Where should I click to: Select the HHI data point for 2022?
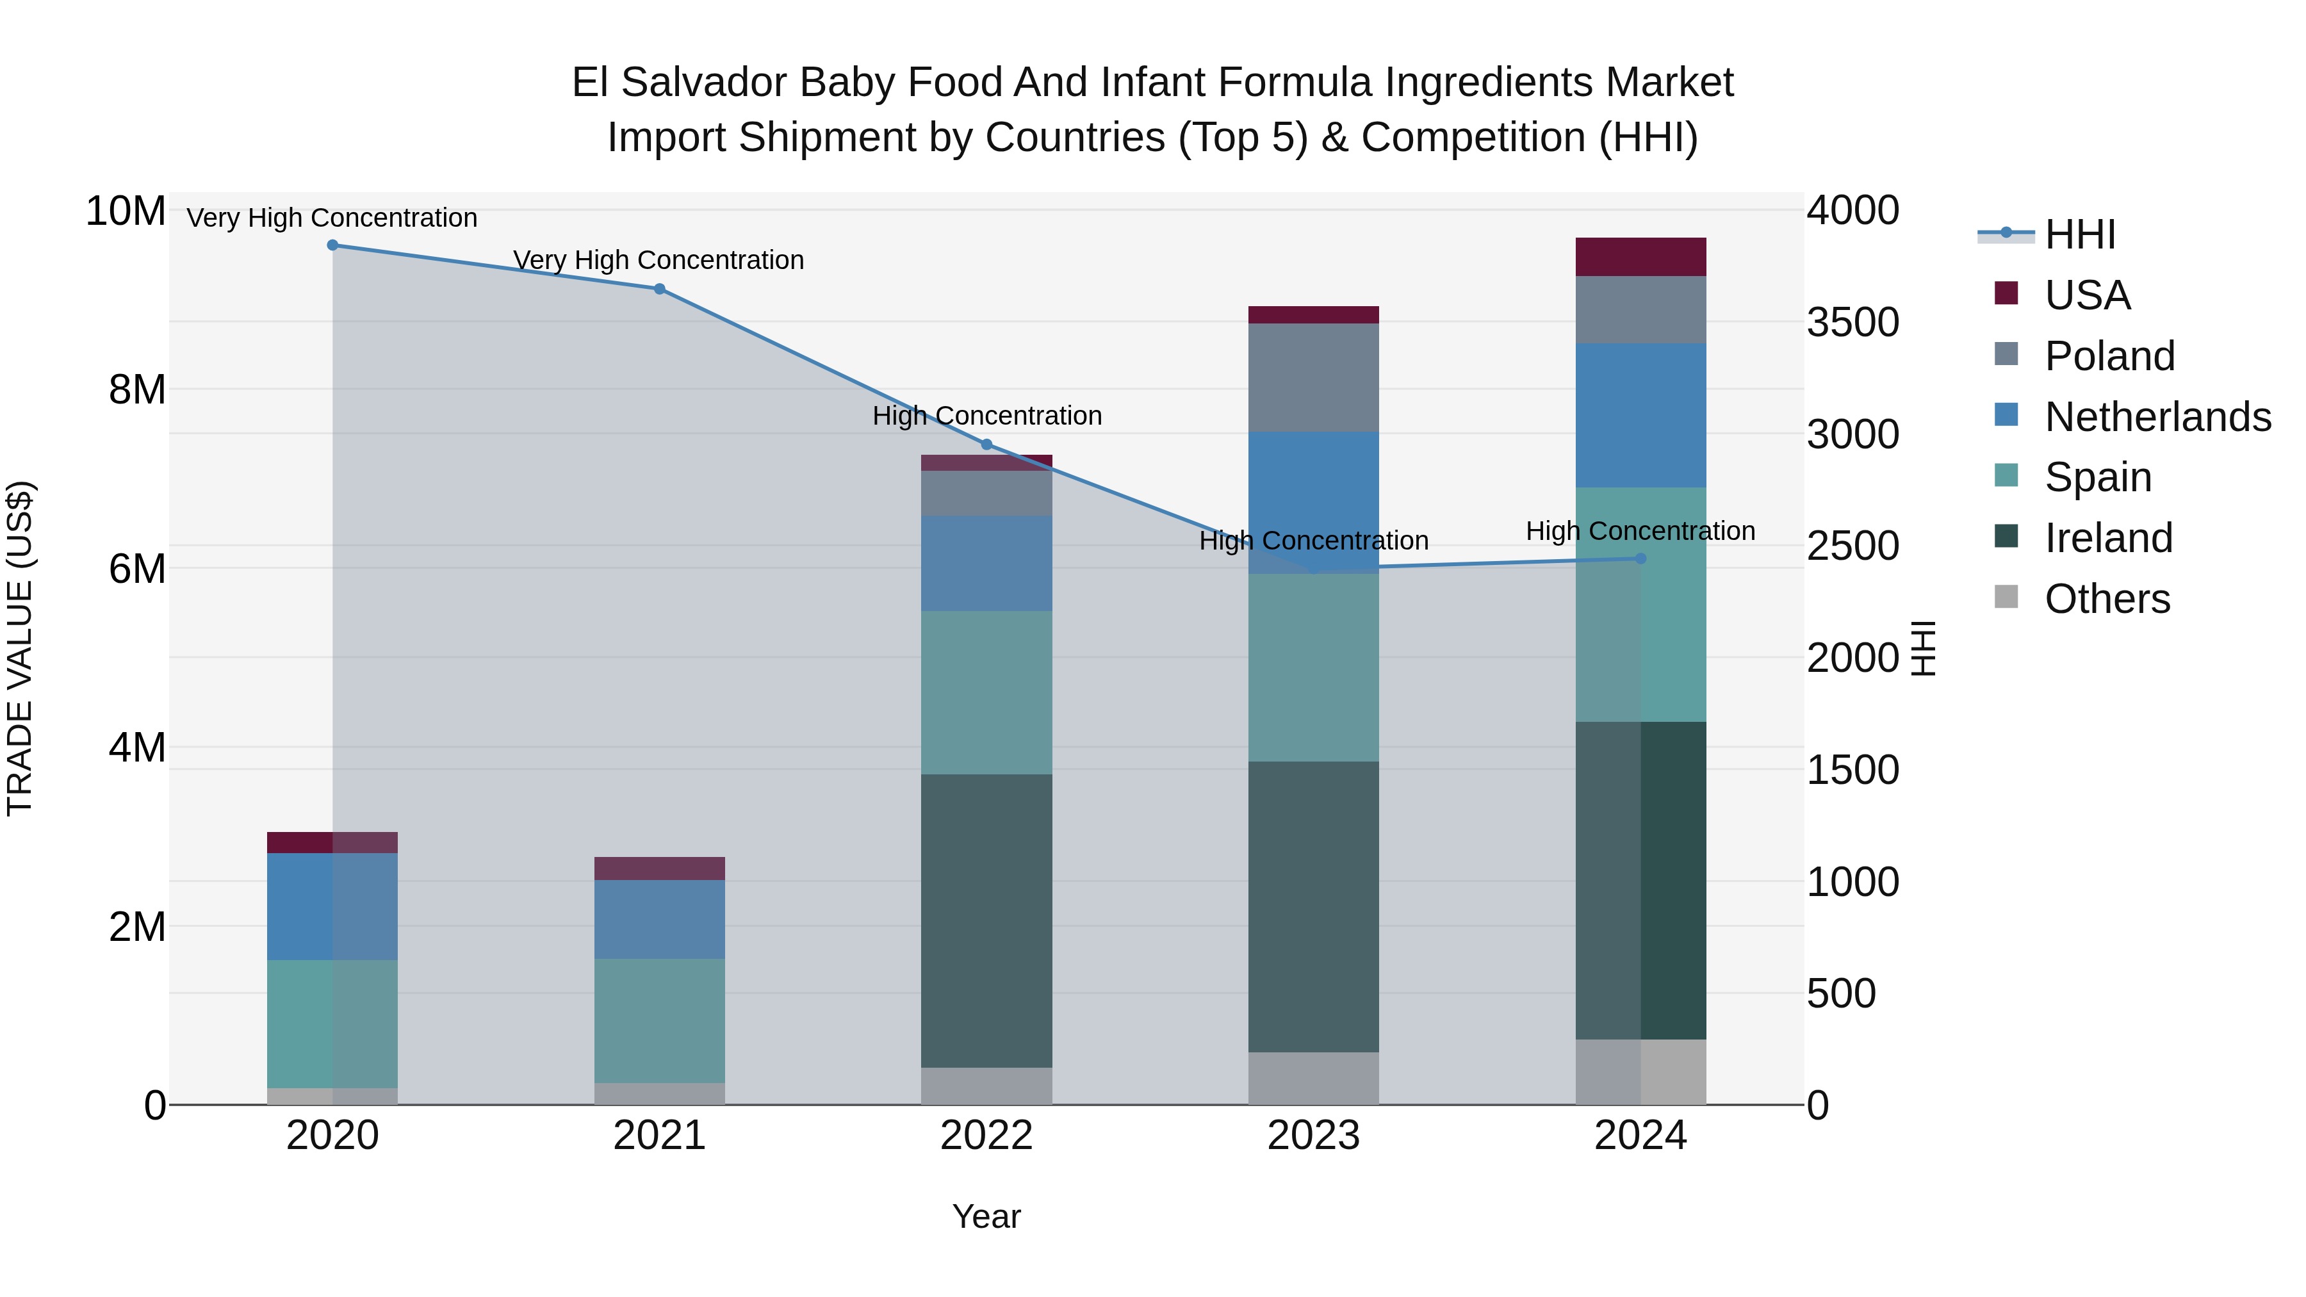[986, 445]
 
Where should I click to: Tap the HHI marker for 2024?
[1641, 559]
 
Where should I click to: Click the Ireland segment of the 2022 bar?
[986, 920]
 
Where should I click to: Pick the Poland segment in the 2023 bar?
[1313, 378]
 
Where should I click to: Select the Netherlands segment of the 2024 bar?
[1641, 415]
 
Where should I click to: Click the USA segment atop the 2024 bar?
[1641, 257]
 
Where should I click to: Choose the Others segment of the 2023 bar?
[1313, 1078]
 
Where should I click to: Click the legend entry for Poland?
[2109, 356]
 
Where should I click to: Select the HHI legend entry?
[2079, 234]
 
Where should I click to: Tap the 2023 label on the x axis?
[1313, 1136]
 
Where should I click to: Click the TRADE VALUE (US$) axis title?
[20, 648]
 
